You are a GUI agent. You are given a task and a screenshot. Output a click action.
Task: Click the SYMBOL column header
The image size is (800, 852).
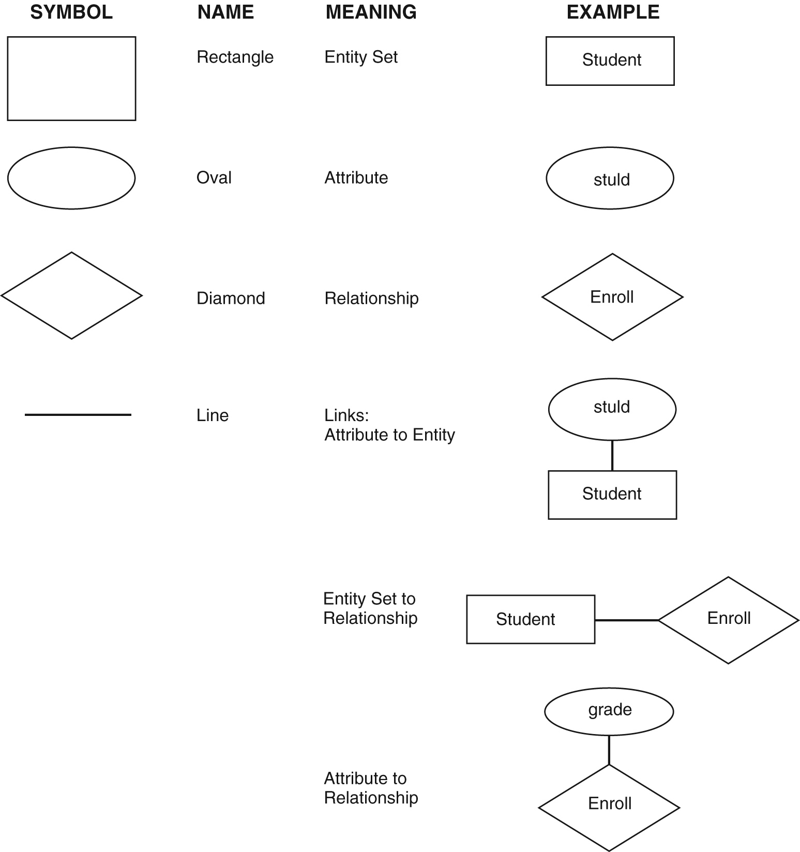click(x=71, y=12)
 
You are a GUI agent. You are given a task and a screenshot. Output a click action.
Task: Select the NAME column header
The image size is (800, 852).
click(x=225, y=12)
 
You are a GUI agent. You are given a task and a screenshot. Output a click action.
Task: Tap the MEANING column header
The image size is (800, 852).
click(x=371, y=12)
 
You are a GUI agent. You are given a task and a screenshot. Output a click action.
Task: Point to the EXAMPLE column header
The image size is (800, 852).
click(x=613, y=12)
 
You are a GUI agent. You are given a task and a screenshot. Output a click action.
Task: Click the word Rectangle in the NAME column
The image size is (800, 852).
click(x=235, y=57)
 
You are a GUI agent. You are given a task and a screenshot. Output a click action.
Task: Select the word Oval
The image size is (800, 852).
click(x=214, y=177)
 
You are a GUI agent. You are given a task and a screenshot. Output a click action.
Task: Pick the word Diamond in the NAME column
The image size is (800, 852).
click(x=231, y=298)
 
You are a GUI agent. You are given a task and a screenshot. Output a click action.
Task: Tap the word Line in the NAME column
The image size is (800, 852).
click(x=212, y=415)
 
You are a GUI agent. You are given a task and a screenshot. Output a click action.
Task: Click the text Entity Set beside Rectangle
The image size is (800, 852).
click(x=361, y=57)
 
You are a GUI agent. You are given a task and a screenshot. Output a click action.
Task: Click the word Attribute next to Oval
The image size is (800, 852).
click(x=356, y=177)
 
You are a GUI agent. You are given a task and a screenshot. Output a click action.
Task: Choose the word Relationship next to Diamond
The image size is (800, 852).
click(x=371, y=298)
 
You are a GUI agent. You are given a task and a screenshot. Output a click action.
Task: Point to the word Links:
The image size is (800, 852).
click(x=346, y=415)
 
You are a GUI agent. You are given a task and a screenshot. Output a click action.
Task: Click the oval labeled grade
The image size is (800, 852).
click(x=609, y=711)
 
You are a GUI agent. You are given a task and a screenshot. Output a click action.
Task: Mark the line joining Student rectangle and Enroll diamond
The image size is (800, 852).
click(x=626, y=620)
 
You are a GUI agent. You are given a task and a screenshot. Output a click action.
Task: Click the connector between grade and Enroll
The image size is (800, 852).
click(x=609, y=750)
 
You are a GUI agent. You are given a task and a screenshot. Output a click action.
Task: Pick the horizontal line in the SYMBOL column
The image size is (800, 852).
click(x=78, y=414)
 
